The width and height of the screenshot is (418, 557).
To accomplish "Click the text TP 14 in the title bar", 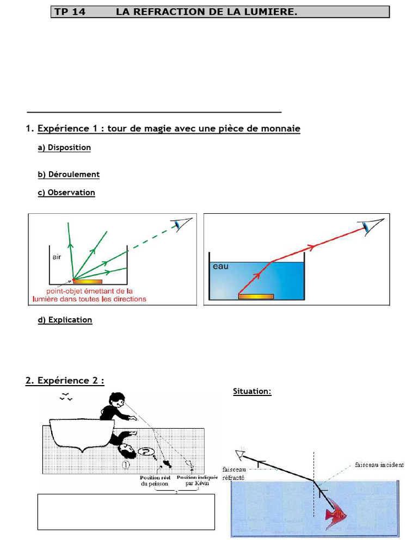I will click(70, 12).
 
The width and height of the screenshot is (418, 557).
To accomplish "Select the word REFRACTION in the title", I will click(158, 12).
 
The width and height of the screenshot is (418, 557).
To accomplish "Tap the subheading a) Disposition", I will click(64, 147).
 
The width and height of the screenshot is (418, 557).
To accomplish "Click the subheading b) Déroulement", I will click(69, 175).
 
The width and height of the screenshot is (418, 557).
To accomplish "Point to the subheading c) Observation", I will click(66, 193).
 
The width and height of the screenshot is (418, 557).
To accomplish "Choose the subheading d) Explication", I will click(65, 320).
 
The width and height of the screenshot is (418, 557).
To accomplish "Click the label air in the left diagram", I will click(57, 257).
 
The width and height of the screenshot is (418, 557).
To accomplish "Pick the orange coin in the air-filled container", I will click(87, 281).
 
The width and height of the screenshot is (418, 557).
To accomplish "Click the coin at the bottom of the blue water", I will click(256, 296).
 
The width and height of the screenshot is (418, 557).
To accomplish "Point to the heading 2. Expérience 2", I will click(65, 381).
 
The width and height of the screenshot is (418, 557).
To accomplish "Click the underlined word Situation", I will click(252, 391).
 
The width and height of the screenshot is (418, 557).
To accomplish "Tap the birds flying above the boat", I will click(66, 397).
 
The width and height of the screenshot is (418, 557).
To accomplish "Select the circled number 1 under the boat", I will click(125, 465).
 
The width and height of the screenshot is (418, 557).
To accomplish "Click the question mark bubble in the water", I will click(145, 451).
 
